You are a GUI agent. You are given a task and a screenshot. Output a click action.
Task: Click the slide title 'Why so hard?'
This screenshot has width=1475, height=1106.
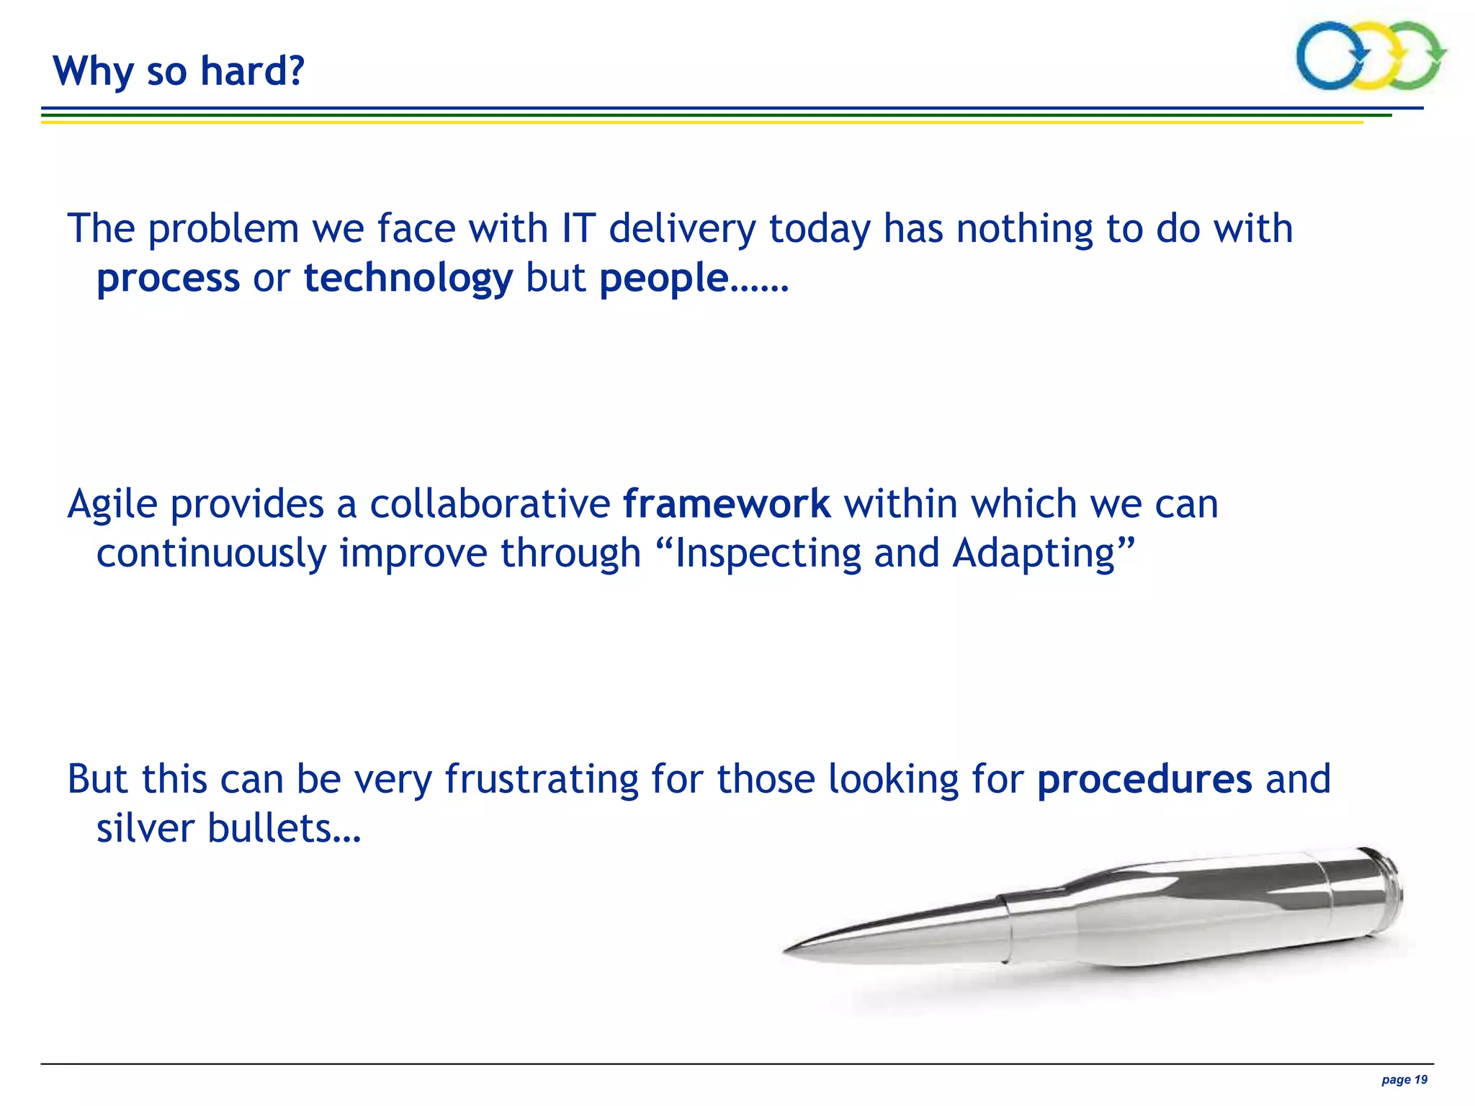coord(179,71)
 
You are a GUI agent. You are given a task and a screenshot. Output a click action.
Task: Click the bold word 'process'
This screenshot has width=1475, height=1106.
coord(168,279)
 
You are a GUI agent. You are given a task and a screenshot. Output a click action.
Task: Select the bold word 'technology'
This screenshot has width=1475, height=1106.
coord(408,279)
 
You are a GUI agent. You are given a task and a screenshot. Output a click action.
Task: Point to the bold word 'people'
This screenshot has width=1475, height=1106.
coord(663,279)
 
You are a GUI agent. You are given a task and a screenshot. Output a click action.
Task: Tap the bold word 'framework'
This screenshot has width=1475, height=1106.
coord(727,504)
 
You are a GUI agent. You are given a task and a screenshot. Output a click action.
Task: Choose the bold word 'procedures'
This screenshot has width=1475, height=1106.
coord(1144,779)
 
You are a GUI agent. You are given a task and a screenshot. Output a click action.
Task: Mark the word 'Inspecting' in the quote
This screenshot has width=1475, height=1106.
coord(768,554)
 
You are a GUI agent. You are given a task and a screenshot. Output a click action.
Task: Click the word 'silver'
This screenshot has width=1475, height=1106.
coord(145,828)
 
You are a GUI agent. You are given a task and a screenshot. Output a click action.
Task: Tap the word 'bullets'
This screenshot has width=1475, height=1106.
coord(269,828)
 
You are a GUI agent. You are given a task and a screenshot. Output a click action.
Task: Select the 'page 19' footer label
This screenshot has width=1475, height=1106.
coord(1404,1079)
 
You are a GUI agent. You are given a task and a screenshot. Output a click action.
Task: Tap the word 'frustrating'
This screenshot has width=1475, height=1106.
coord(542,779)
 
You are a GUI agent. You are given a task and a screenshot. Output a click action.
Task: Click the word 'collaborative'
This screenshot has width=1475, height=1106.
coord(490,504)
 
